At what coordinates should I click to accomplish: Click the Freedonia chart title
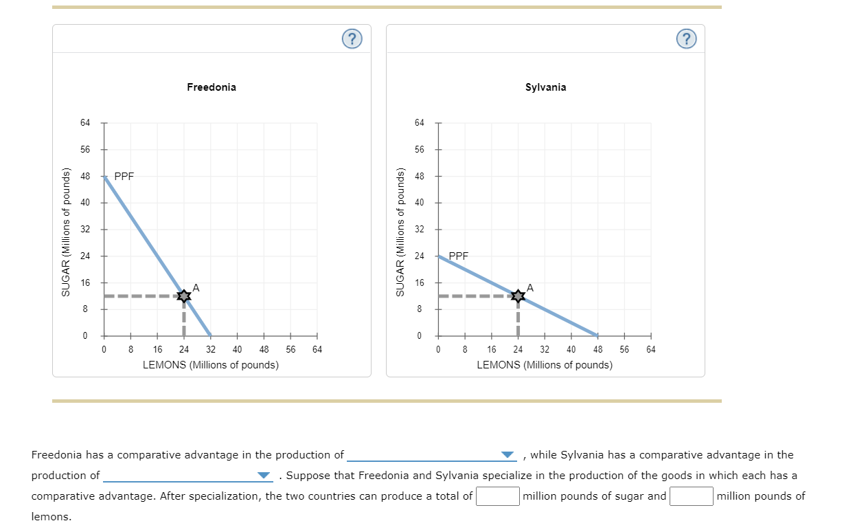tap(211, 87)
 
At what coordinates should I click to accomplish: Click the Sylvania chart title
tap(545, 87)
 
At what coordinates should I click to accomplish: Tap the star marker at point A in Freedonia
tap(183, 296)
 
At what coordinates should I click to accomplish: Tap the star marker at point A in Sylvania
tap(518, 296)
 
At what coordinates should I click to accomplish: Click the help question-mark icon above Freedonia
tap(352, 39)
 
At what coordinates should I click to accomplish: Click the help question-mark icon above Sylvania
tap(685, 39)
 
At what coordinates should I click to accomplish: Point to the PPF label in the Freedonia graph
tap(124, 176)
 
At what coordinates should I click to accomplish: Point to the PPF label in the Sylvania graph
tap(458, 256)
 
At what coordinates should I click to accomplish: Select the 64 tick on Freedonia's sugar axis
tap(84, 123)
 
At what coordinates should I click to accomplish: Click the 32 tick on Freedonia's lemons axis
tap(211, 349)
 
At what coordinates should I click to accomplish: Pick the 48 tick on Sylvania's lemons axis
tap(597, 349)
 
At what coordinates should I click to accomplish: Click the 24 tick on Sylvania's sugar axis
tap(419, 256)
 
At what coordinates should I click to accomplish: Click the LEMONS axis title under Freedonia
tap(211, 365)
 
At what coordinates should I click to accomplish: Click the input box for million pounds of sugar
tap(498, 496)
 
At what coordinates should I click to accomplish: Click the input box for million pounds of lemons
tap(691, 496)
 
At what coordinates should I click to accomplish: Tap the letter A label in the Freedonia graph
tap(196, 287)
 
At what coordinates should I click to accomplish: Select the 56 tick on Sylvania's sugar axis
tap(419, 149)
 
